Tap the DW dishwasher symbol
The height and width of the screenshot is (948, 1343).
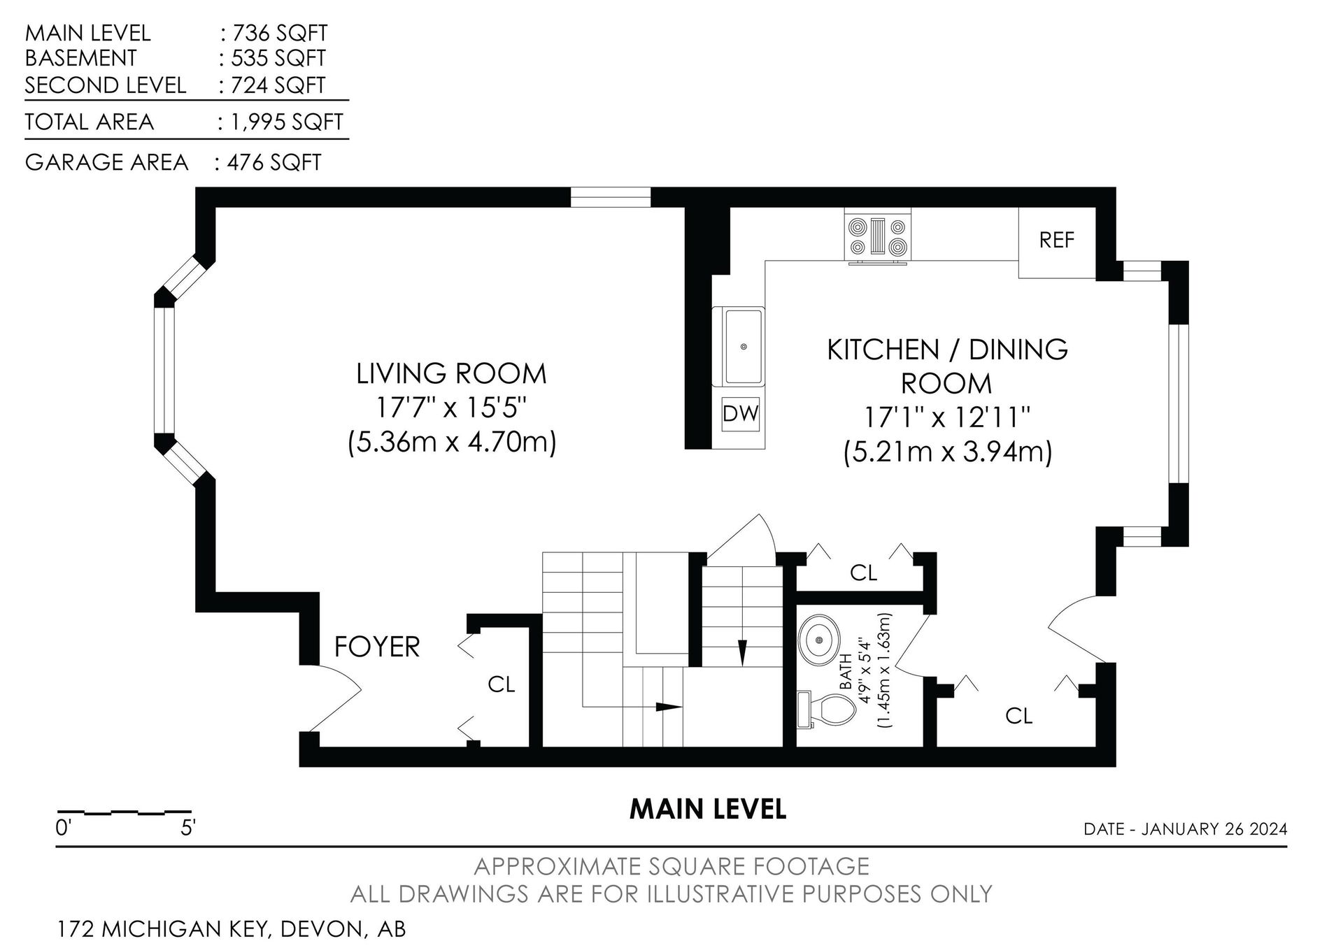click(740, 414)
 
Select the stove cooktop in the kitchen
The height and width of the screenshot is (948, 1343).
click(878, 238)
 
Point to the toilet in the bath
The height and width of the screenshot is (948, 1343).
click(827, 710)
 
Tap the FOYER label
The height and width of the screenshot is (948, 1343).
click(377, 647)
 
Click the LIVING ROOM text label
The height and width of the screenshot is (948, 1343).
click(451, 374)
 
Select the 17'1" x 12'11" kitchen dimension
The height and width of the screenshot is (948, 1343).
click(948, 418)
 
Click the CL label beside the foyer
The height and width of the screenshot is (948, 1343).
click(501, 684)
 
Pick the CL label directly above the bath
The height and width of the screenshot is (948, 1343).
click(863, 573)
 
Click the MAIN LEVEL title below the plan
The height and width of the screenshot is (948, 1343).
click(708, 809)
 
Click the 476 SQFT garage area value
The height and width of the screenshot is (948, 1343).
click(274, 163)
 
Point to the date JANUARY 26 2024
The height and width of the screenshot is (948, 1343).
click(1214, 829)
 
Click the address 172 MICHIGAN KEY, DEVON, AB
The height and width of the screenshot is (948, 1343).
click(231, 930)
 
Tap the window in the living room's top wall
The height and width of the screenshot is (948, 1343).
click(611, 197)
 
